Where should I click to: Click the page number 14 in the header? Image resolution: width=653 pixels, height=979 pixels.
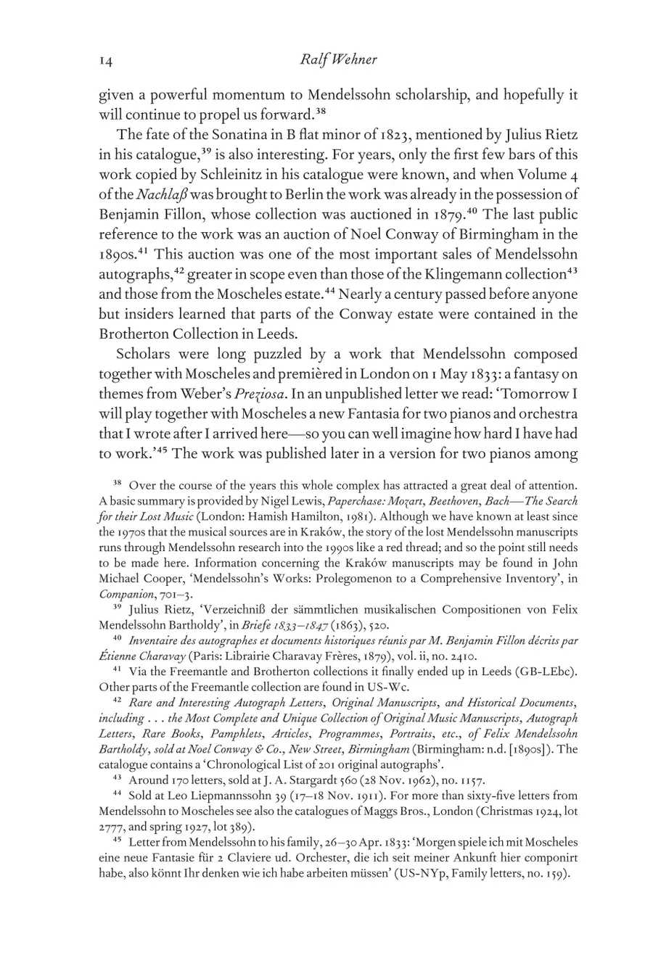pyautogui.click(x=106, y=60)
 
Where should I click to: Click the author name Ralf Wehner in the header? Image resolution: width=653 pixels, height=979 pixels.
pyautogui.click(x=337, y=60)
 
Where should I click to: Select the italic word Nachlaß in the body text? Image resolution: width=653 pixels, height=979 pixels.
pyautogui.click(x=139, y=195)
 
